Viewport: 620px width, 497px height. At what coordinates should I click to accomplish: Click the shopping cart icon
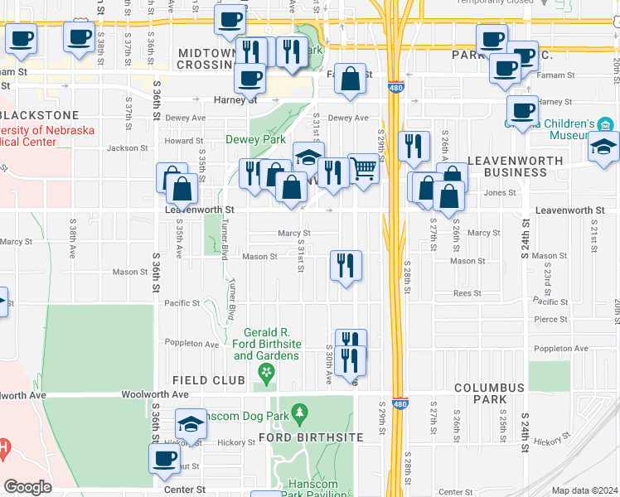tap(363, 168)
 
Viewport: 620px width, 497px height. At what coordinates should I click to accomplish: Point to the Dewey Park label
tap(255, 140)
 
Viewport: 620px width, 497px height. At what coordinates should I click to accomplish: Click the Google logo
tap(27, 486)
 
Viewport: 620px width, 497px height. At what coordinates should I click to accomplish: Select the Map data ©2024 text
tap(585, 490)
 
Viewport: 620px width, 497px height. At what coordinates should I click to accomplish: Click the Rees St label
tap(467, 293)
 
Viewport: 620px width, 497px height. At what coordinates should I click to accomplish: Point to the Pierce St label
tap(551, 319)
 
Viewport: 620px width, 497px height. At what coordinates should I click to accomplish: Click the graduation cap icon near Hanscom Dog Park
tap(191, 425)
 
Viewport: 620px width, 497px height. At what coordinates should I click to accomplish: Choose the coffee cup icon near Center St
tap(163, 457)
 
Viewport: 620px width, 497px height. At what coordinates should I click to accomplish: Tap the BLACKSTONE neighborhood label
tap(40, 115)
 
